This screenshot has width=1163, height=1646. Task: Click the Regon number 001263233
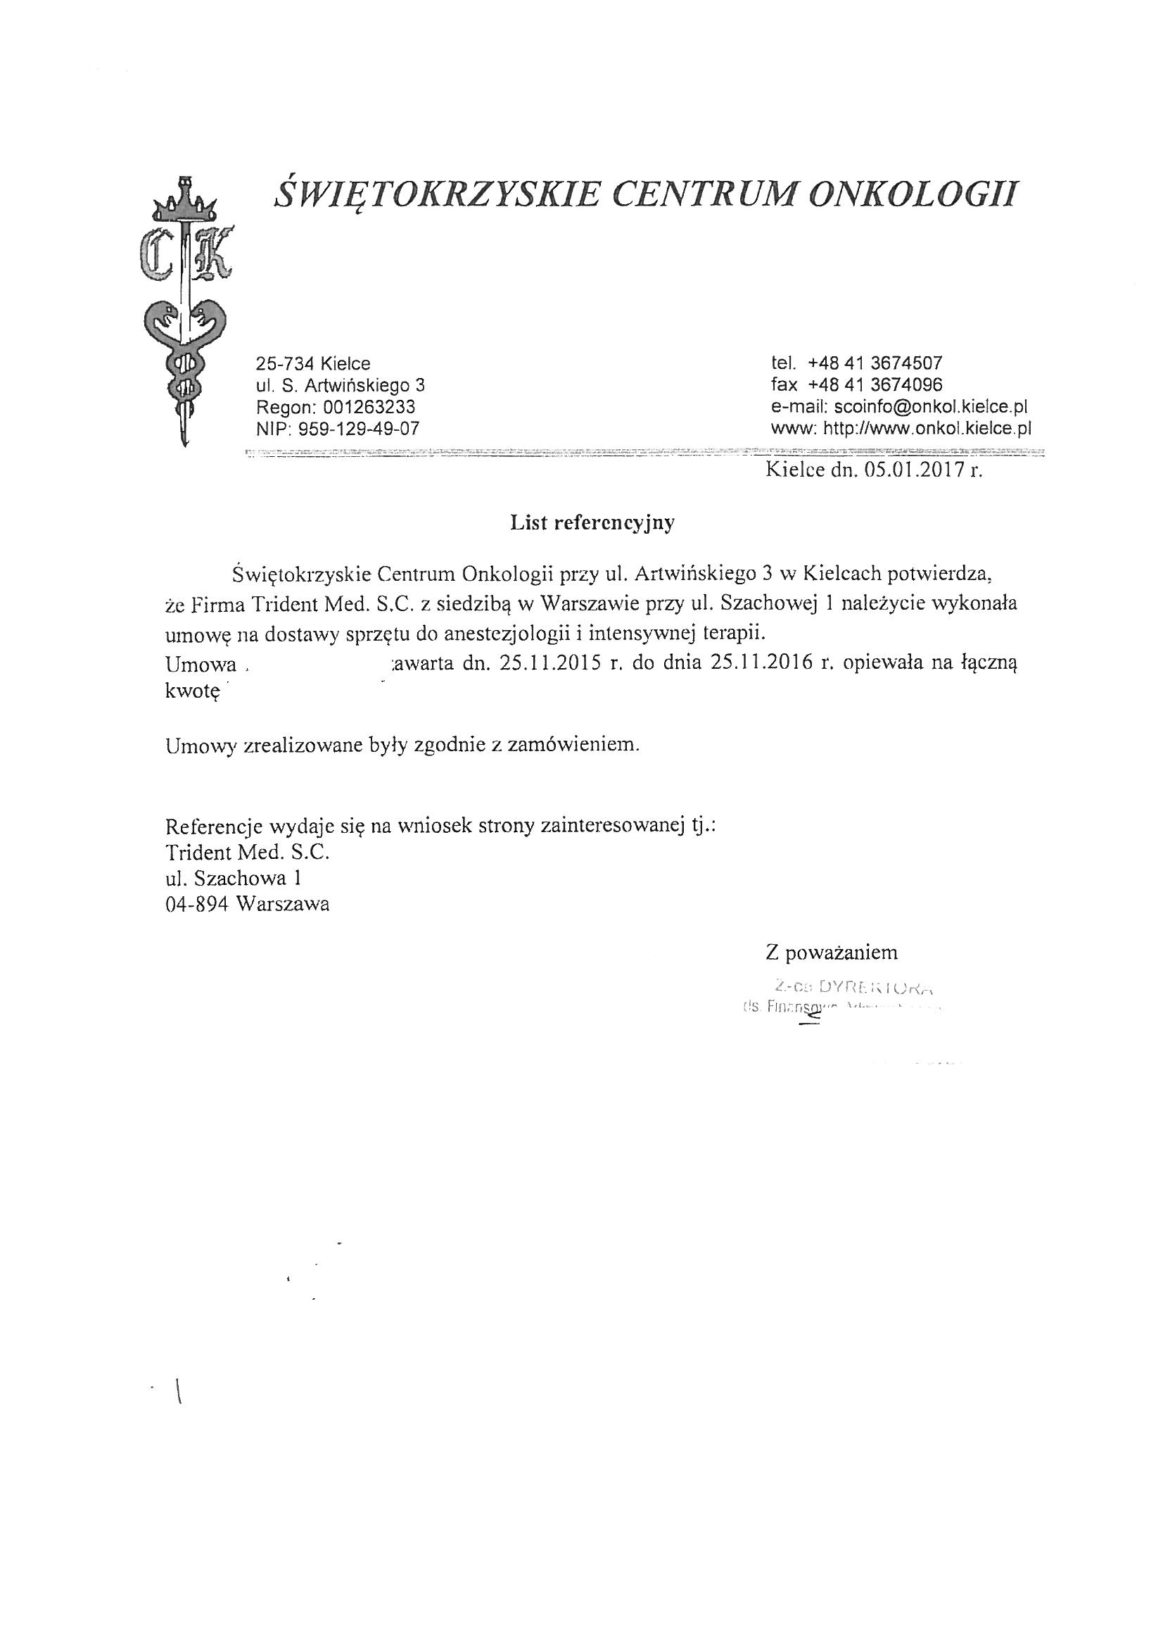[369, 407]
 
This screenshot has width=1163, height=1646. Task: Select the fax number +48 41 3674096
[875, 384]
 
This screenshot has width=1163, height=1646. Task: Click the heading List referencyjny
[592, 523]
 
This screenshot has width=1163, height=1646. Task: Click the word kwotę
[191, 691]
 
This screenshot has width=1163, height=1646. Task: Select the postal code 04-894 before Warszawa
[196, 904]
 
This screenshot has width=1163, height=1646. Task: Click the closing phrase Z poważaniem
[831, 953]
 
